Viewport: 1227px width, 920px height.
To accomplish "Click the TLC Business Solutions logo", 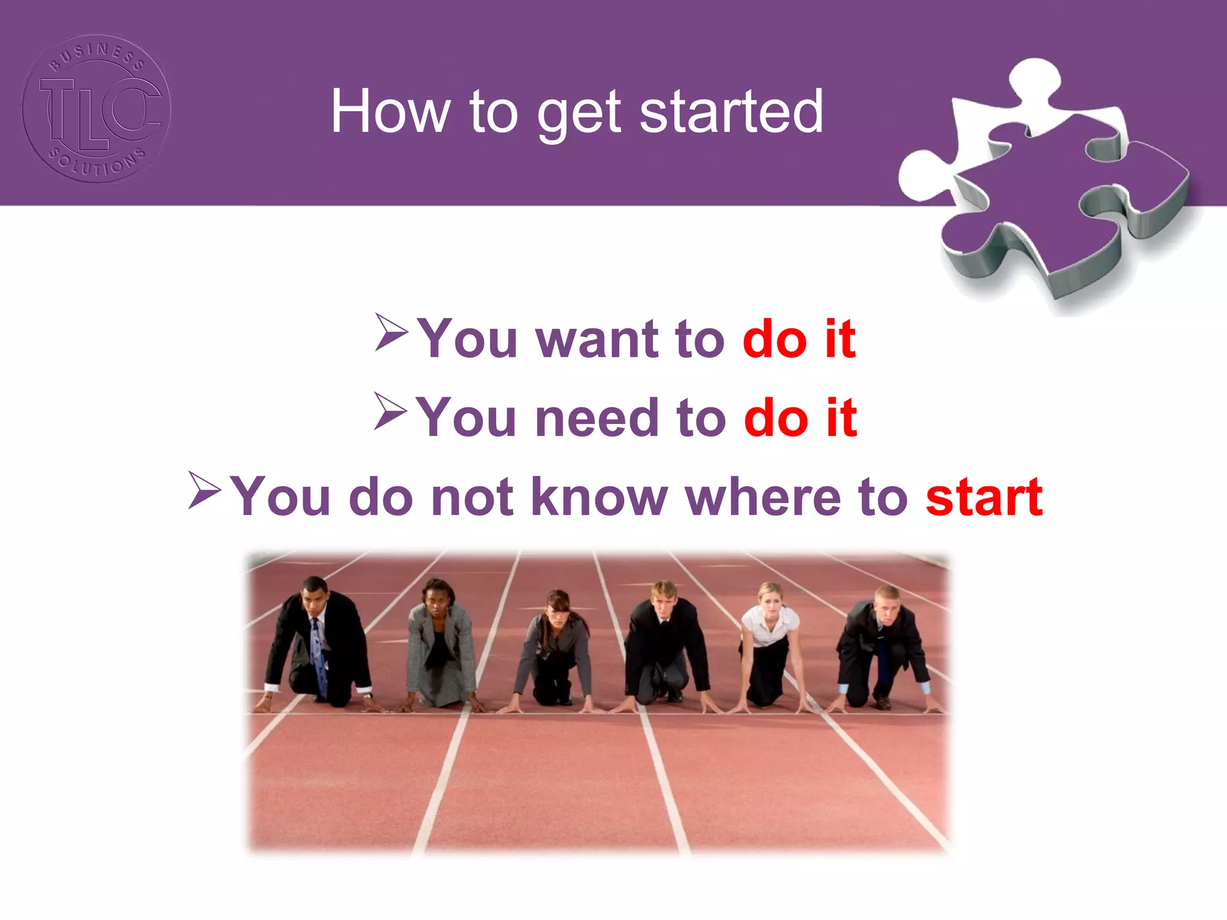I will tap(96, 108).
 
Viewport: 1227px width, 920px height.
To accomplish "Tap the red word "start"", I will tap(984, 497).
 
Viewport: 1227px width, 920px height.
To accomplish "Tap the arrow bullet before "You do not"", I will tap(204, 490).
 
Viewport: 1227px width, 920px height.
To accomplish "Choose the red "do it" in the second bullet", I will tap(800, 418).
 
